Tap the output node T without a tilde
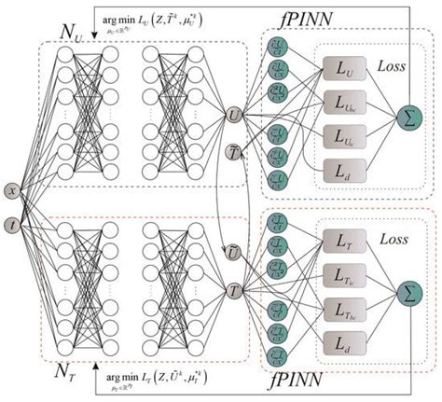(234, 291)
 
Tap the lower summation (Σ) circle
(407, 292)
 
